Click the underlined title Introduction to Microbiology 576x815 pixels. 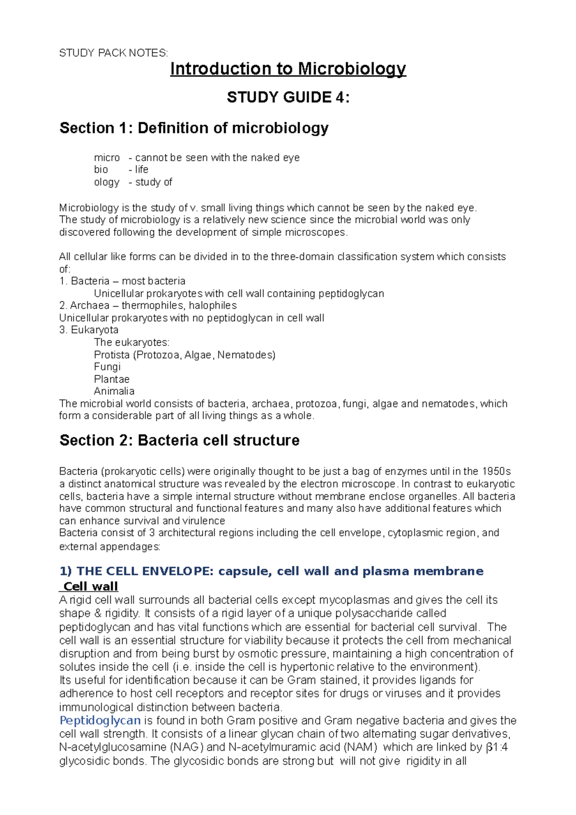[288, 69]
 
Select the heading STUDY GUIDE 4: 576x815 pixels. [288, 97]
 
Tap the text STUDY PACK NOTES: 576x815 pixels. [113, 53]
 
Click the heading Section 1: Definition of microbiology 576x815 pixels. [194, 128]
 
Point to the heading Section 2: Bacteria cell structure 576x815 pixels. [179, 440]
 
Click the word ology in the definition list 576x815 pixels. [107, 182]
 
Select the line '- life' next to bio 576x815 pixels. [139, 169]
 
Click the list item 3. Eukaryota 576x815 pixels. [89, 330]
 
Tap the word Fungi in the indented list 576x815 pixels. [107, 367]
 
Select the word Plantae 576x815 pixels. [111, 379]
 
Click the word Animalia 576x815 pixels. [114, 391]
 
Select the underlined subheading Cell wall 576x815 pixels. [90, 587]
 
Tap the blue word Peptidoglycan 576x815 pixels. [100, 720]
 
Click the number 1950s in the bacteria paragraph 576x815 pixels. [496, 472]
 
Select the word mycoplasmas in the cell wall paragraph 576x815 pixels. [349, 600]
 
